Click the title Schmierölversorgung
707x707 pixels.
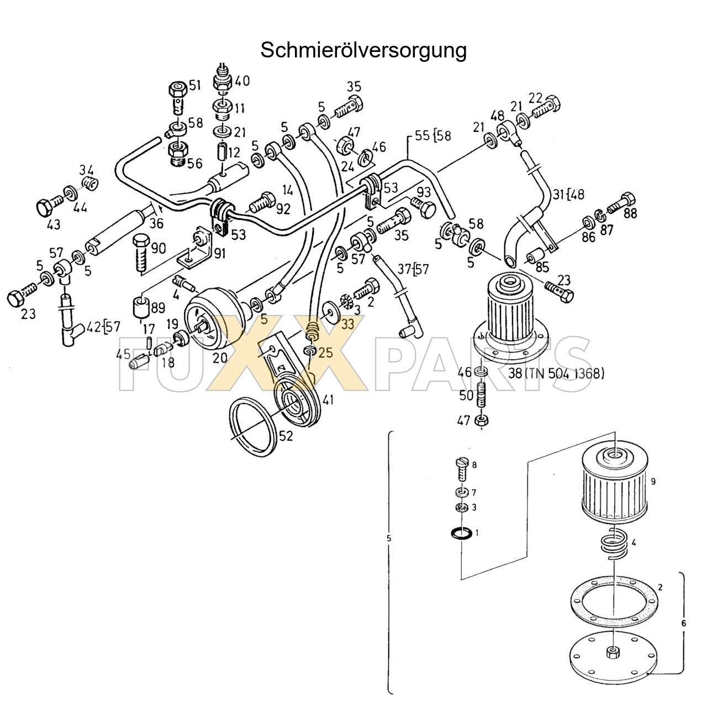[363, 50]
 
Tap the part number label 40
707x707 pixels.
[242, 81]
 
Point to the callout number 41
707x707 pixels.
[328, 400]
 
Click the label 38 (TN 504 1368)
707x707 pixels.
[556, 373]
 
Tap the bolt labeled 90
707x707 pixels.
[141, 252]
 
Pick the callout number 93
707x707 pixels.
[424, 192]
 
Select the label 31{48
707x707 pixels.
[569, 194]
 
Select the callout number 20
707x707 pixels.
[220, 357]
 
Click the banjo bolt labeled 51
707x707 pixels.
[177, 96]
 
